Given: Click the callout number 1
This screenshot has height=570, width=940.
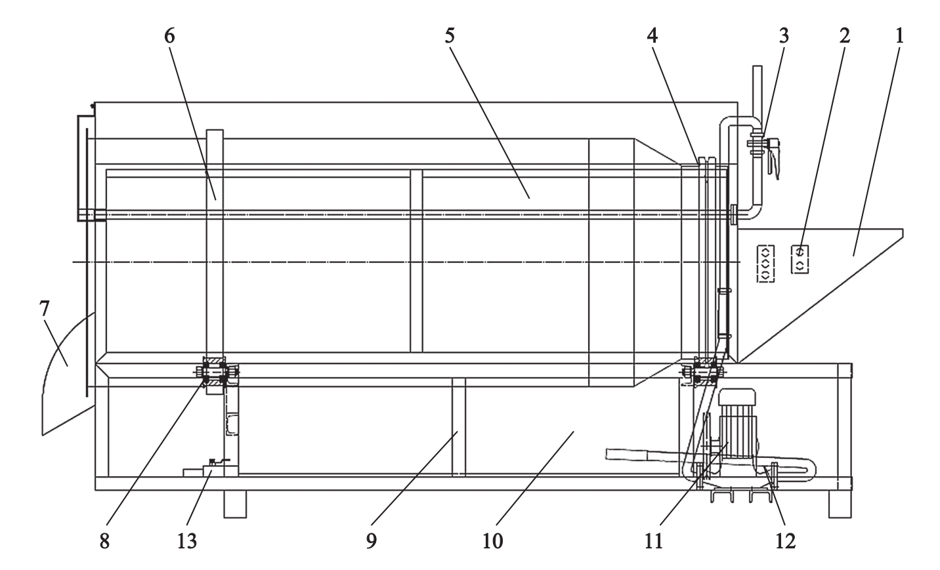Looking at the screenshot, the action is tap(899, 36).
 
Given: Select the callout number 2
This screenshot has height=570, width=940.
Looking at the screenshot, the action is tap(844, 36).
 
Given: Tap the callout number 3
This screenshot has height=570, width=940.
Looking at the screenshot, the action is tap(784, 36).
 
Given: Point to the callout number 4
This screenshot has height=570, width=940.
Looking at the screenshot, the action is tap(652, 36).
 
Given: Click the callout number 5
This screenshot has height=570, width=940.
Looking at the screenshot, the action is tap(450, 36).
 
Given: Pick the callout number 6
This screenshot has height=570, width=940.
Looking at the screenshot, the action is tap(169, 36).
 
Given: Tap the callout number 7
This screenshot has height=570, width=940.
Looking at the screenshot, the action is tap(45, 309).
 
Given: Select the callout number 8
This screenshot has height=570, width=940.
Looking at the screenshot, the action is tap(104, 541).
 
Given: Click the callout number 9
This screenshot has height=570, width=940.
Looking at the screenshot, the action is tap(372, 541).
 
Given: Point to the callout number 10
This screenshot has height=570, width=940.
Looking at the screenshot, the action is tap(493, 541).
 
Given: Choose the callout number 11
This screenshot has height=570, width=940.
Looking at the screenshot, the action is tap(653, 541).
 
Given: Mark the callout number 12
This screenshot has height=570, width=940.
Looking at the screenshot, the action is tap(786, 541).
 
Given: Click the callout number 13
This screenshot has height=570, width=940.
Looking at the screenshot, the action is tap(186, 541).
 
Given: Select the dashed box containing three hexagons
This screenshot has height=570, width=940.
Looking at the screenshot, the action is tap(765, 264).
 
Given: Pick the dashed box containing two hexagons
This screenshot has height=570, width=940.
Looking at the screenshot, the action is tap(800, 259).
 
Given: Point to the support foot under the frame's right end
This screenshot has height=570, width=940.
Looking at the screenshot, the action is tap(840, 504).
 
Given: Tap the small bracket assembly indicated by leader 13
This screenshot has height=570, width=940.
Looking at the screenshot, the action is tap(207, 468).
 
